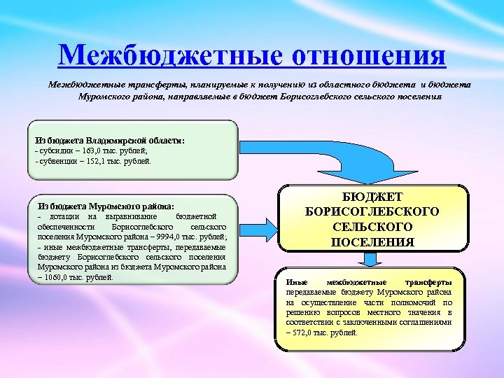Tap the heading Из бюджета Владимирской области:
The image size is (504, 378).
(x=110, y=140)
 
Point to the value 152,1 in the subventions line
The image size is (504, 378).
(x=99, y=160)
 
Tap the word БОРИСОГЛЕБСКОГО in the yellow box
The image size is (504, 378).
(x=373, y=212)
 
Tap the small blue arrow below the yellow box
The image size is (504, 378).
(x=372, y=260)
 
